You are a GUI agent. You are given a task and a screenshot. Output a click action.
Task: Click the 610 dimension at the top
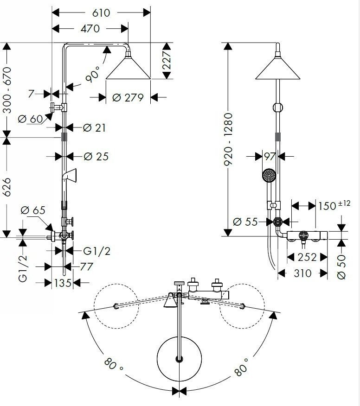(x=101, y=13)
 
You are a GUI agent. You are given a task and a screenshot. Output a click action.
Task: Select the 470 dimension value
(x=90, y=28)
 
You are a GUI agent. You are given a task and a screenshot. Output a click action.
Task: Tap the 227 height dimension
(x=167, y=60)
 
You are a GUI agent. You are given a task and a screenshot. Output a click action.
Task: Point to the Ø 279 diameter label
(x=128, y=98)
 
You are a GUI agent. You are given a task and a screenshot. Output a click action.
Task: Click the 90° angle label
(x=92, y=74)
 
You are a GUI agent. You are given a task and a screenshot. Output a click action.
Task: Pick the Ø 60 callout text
(x=30, y=119)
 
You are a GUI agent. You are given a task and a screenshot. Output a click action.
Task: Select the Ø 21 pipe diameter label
(x=94, y=127)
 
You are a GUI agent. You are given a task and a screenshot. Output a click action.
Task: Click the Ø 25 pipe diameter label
(x=96, y=156)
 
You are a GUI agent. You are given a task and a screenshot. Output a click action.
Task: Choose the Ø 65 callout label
(x=32, y=210)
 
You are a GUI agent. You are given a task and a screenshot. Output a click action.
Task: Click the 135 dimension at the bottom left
(x=63, y=283)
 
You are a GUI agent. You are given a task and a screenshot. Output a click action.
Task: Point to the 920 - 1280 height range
(x=228, y=140)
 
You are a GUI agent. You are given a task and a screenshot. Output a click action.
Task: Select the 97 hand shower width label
(x=270, y=156)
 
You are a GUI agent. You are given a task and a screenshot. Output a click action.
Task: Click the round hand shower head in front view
(x=269, y=175)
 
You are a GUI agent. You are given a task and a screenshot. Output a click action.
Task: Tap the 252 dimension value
(x=307, y=257)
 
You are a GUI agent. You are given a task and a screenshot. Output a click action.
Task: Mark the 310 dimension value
(x=302, y=273)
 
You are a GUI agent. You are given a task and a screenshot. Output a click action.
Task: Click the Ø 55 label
(x=245, y=222)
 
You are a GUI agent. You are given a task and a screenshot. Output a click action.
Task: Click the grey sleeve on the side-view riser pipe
(x=277, y=137)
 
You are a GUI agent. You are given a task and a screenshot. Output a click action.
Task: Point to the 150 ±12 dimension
(x=334, y=205)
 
